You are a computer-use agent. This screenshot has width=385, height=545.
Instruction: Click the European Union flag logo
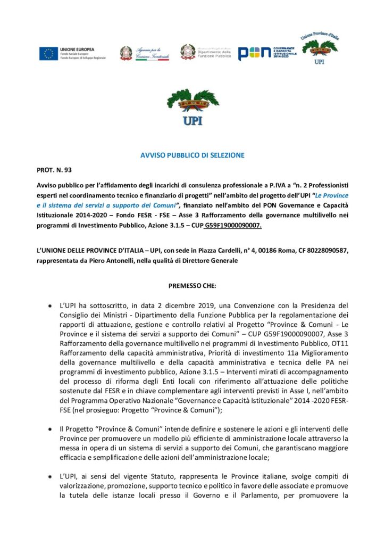click(48, 53)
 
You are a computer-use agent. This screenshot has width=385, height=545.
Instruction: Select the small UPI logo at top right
click(320, 48)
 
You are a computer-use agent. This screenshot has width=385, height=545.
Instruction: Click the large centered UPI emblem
click(192, 107)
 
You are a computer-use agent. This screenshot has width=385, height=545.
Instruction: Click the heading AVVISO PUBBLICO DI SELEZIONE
click(192, 155)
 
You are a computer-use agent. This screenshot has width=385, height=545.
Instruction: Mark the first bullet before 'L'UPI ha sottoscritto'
click(49, 306)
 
